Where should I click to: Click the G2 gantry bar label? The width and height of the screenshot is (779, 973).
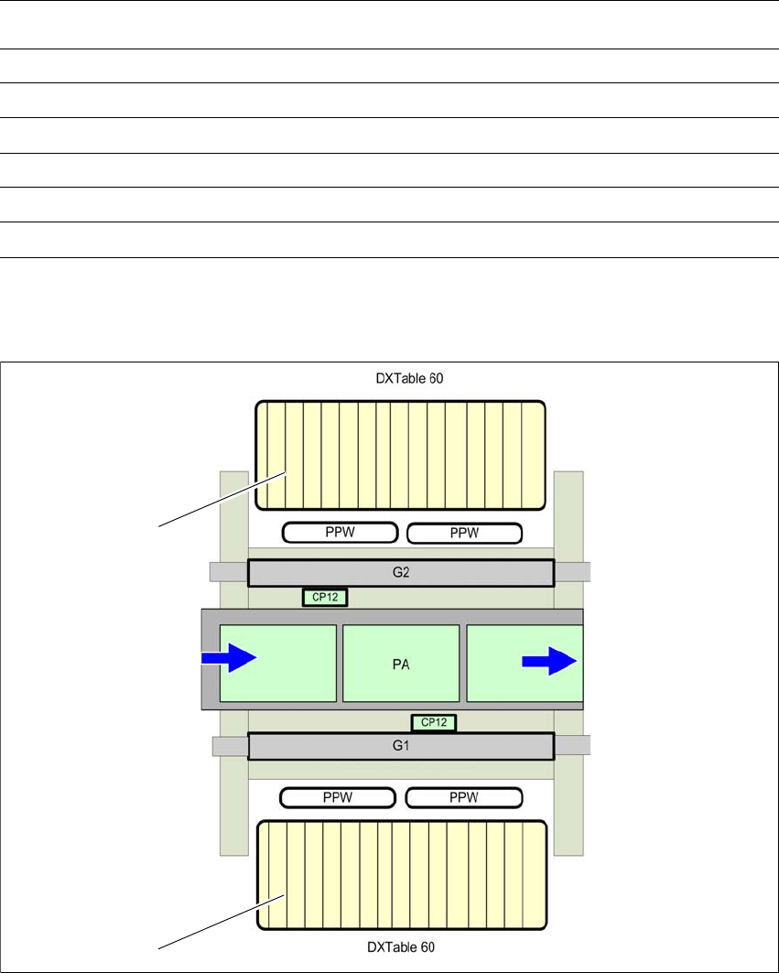point(401,572)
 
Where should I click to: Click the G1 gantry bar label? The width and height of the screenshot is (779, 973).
point(401,745)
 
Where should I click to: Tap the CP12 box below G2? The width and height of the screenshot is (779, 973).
point(325,597)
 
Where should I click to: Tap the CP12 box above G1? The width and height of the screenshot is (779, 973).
point(433,722)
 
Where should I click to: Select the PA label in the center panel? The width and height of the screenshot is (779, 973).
point(401,665)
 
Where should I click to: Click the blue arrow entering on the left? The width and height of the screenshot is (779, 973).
point(229,658)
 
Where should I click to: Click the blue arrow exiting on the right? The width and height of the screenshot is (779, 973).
point(549,661)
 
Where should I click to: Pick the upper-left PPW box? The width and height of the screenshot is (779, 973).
point(341,533)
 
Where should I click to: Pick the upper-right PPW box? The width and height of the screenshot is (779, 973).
point(464,533)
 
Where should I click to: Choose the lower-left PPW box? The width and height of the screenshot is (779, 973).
point(338,797)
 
